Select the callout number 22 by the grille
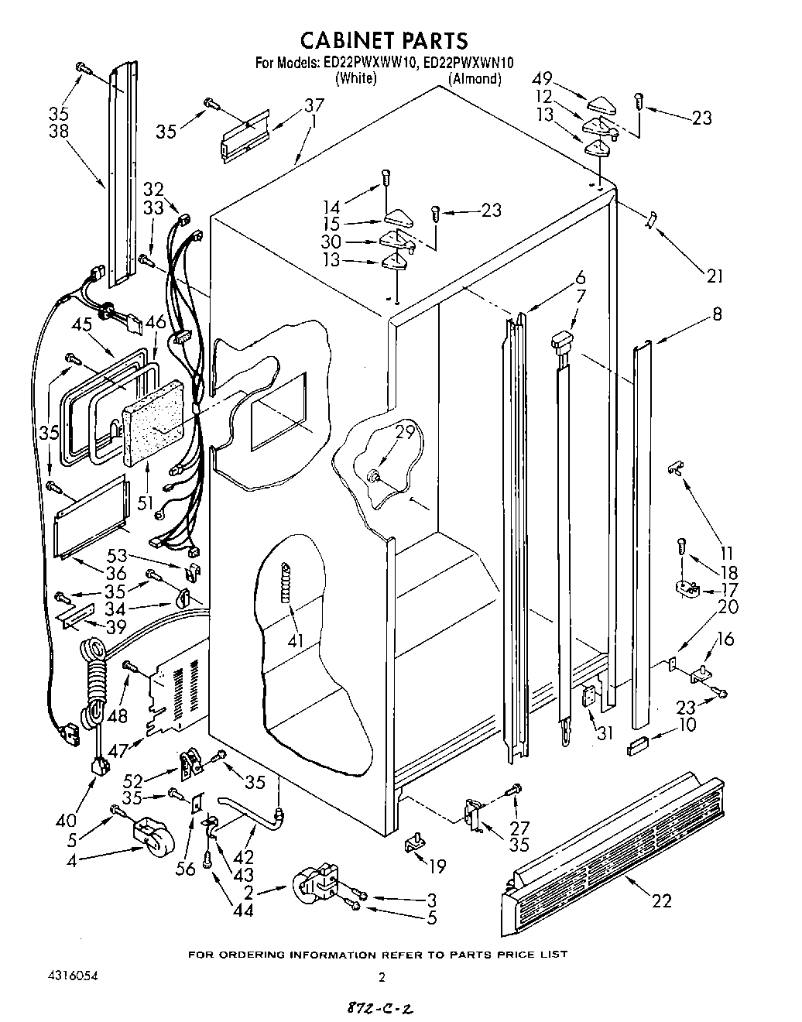(x=662, y=900)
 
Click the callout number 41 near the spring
(x=296, y=640)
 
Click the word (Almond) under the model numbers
(x=475, y=78)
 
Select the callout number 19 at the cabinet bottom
(x=438, y=866)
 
